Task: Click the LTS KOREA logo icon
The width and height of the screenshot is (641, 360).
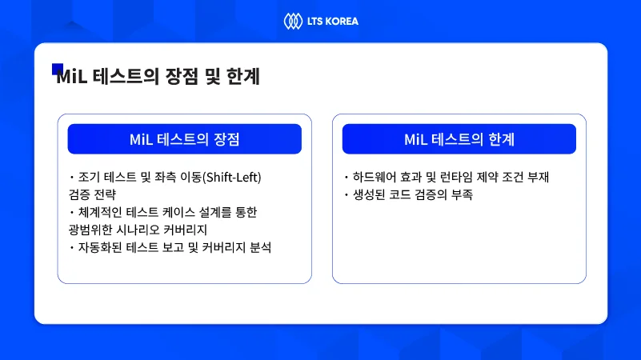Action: click(x=291, y=20)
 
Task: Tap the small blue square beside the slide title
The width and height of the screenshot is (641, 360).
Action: click(x=57, y=69)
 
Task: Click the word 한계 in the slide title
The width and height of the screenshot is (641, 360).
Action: click(x=242, y=78)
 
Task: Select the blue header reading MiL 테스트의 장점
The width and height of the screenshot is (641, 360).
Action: click(x=184, y=139)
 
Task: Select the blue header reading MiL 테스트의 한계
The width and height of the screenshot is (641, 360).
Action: click(x=459, y=139)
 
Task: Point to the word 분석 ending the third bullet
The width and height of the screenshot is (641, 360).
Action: click(x=261, y=247)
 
